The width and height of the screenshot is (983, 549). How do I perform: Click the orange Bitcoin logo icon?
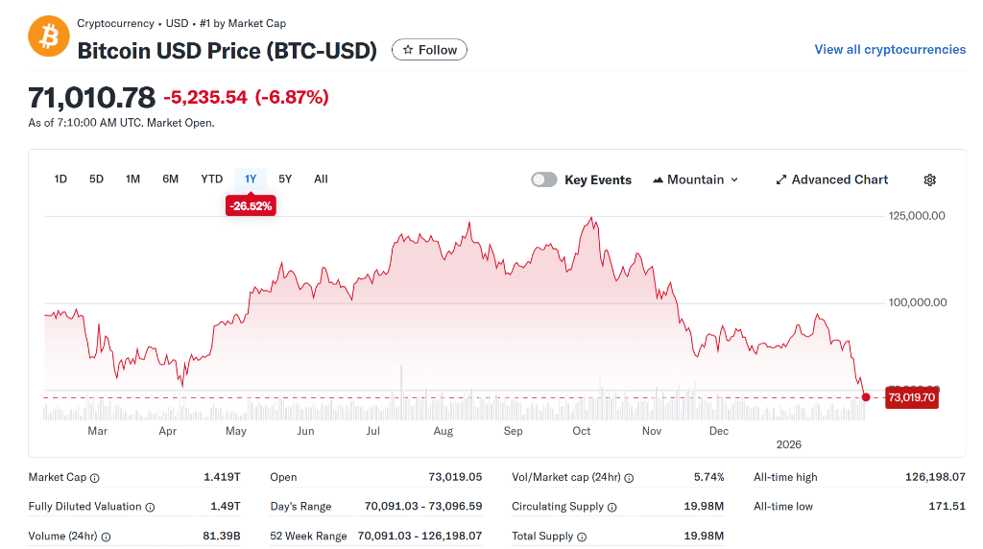48,36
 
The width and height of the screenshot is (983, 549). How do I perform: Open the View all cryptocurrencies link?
890,49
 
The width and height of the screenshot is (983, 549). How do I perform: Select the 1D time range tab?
60,179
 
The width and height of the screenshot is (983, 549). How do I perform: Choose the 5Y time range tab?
285,179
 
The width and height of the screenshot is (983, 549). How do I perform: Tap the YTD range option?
211,179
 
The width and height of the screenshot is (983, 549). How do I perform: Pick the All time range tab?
321,179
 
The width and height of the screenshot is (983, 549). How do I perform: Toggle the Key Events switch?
544,179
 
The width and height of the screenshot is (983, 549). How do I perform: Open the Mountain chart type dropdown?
696,179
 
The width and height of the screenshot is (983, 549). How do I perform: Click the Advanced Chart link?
832,179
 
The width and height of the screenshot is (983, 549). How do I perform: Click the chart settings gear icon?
929,179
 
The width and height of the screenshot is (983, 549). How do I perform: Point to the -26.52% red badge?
251,205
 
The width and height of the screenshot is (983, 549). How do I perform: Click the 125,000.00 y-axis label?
917,215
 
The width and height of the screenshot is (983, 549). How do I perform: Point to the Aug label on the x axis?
443,431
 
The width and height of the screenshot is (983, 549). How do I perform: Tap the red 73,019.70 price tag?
911,397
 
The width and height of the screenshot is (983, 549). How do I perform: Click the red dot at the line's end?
866,397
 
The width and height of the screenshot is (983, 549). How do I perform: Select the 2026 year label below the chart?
788,444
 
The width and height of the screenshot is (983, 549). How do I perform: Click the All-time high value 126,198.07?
935,477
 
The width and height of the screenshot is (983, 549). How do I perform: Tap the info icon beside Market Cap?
94,478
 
